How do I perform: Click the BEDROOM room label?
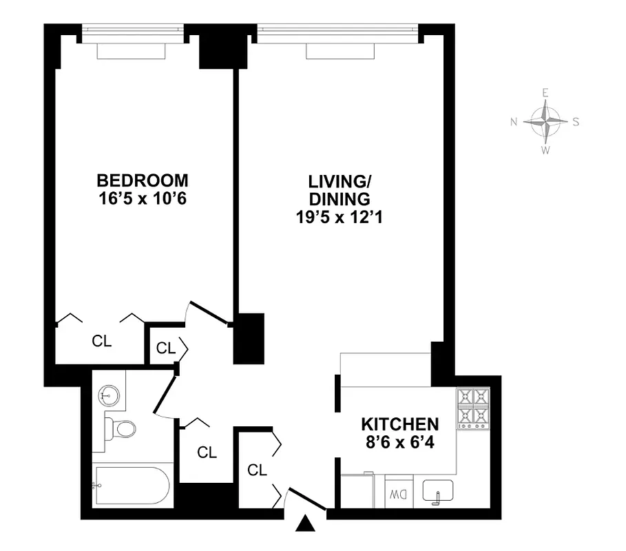(x=143, y=180)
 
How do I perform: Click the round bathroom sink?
(x=108, y=395)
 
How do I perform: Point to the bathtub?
(x=132, y=486)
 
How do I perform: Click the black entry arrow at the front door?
(x=304, y=526)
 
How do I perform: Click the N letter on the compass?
(x=513, y=122)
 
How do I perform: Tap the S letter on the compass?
(x=576, y=122)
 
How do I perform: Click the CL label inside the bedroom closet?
(x=102, y=341)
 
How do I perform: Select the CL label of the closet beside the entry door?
(x=257, y=470)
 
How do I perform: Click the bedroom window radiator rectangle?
(x=131, y=51)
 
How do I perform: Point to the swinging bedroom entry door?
(x=209, y=313)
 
